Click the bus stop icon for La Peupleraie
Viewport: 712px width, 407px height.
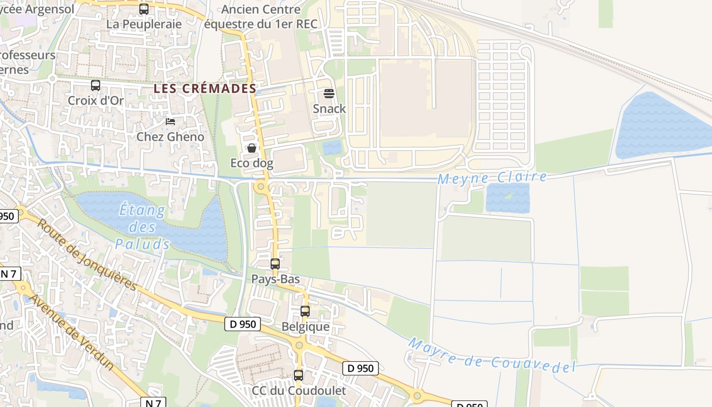pos(144,9)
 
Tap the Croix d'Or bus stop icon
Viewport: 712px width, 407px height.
pos(96,85)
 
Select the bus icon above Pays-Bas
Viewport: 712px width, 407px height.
pos(275,264)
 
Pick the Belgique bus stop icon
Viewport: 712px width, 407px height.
pos(305,311)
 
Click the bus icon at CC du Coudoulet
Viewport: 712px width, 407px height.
pos(299,375)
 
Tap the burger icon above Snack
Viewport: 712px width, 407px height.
pos(329,94)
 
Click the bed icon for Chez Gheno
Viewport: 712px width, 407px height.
pos(170,122)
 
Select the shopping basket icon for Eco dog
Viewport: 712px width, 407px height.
pos(251,148)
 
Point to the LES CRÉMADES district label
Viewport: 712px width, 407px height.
pos(205,89)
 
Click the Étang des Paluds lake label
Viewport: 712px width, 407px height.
pos(142,227)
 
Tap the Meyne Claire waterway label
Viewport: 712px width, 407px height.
pos(492,178)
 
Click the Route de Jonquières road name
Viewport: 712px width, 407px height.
pos(87,254)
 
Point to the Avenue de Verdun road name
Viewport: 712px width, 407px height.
pos(72,331)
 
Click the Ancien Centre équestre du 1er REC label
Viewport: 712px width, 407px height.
pos(261,16)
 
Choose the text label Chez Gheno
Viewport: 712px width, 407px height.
pos(170,137)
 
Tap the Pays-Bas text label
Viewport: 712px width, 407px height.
pos(276,279)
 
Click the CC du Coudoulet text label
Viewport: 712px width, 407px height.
pos(299,391)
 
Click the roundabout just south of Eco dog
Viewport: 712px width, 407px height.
pos(261,187)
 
